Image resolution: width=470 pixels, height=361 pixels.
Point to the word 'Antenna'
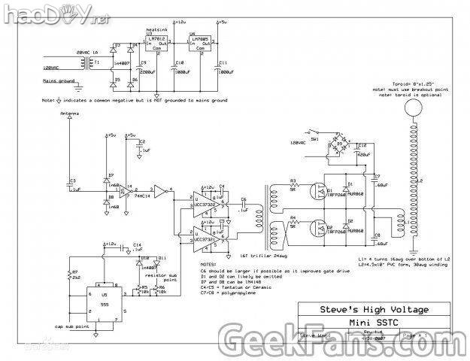tap(68, 112)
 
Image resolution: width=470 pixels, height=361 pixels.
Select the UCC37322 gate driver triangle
tap(202, 203)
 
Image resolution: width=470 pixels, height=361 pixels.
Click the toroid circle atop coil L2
tap(412, 111)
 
